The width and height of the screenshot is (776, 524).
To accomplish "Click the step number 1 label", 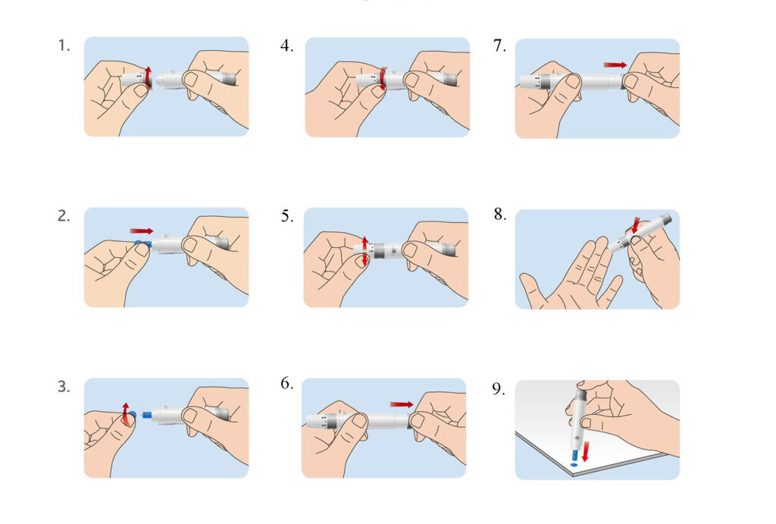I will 64,45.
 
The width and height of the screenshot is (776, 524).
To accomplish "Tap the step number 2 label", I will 64,215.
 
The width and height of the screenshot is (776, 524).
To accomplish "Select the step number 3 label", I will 64,386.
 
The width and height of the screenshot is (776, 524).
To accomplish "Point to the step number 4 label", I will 286,45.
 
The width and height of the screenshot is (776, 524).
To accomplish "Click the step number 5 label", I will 286,216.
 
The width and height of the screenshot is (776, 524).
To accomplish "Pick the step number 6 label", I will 286,384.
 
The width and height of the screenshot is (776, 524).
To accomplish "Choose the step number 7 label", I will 499,45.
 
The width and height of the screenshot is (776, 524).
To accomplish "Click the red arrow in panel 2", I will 141,230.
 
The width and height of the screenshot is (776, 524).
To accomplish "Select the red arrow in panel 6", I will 402,404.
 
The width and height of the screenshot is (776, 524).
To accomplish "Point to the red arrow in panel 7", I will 615,65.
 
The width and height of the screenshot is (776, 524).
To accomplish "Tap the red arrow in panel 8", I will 635,225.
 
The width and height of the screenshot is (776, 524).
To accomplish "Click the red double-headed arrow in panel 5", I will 365,250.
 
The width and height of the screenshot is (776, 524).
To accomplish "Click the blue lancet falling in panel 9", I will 574,456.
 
